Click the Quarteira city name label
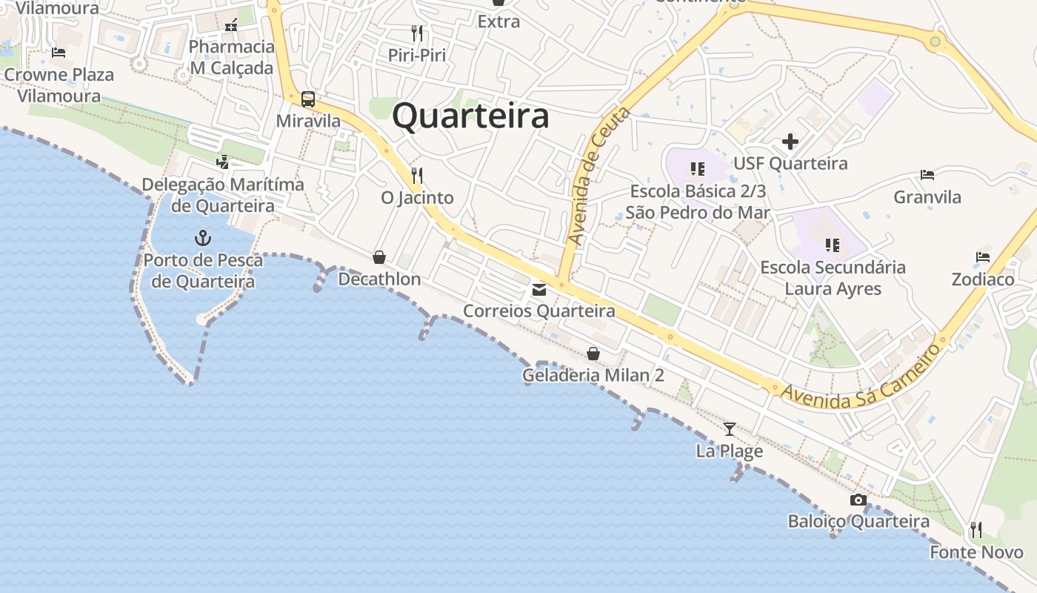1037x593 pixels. (x=470, y=116)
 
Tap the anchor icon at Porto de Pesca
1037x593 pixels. (x=202, y=238)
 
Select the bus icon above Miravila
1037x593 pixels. (x=308, y=99)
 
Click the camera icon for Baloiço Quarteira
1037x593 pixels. (x=858, y=500)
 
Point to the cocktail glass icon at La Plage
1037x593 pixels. (x=730, y=428)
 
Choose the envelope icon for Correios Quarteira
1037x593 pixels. (x=539, y=290)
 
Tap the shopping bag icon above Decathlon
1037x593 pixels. (x=379, y=257)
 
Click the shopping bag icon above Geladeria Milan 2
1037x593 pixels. (x=593, y=354)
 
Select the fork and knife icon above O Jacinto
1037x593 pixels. (x=417, y=176)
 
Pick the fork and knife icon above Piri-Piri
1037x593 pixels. (x=417, y=33)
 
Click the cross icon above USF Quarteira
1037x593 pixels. (x=790, y=141)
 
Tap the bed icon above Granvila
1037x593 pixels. (x=927, y=175)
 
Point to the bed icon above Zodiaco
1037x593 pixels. (x=983, y=257)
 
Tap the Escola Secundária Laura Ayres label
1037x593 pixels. (x=833, y=278)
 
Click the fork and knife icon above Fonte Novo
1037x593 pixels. (x=976, y=529)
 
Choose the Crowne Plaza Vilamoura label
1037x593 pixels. (x=59, y=85)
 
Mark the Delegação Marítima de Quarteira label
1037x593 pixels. (x=222, y=195)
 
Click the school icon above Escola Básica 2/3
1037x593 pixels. (x=696, y=169)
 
